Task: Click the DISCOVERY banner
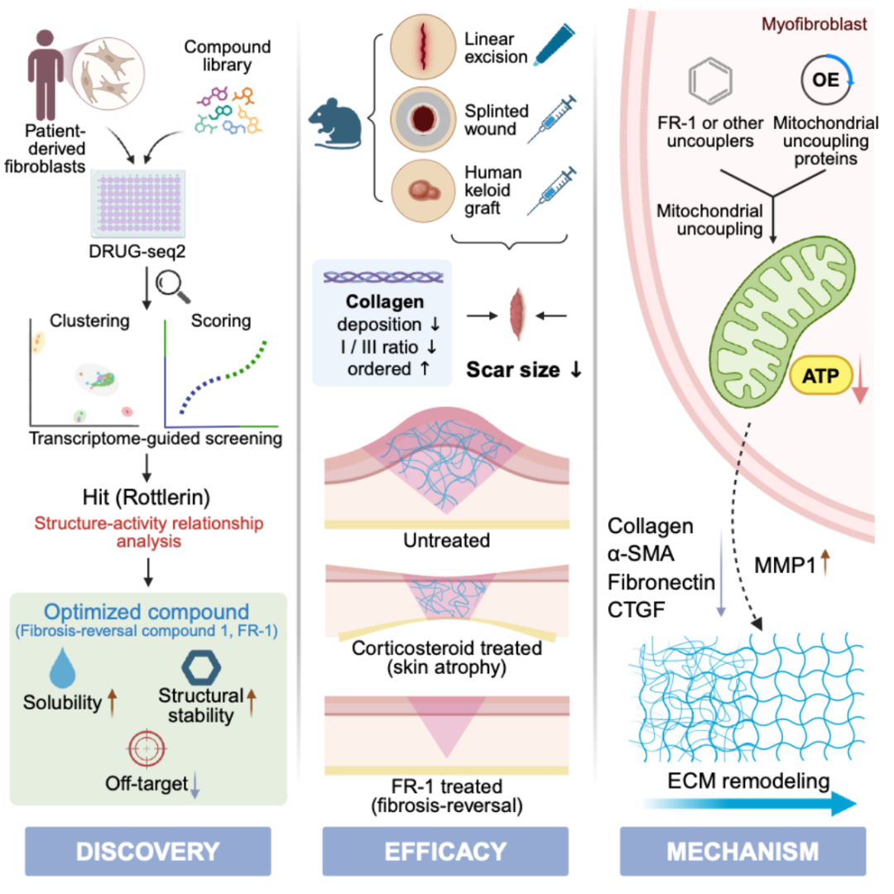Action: pos(147,851)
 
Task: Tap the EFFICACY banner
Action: pos(445,851)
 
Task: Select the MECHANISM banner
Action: pos(743,851)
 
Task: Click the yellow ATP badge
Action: pos(820,376)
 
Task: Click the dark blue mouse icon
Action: pos(335,123)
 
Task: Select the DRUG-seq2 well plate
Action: pos(138,203)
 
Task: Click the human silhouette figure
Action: pos(45,74)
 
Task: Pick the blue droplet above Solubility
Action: pos(62,668)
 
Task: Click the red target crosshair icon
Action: pos(147,748)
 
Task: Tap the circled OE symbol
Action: pos(825,79)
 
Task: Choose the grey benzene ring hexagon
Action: pos(710,81)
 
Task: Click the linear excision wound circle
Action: pos(423,46)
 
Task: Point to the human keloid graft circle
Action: pos(423,190)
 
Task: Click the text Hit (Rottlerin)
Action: pos(147,497)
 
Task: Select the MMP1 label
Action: pos(785,565)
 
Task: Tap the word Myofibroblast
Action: pos(815,24)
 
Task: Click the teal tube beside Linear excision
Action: pos(555,45)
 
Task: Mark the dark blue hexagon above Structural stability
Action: pos(201,667)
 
